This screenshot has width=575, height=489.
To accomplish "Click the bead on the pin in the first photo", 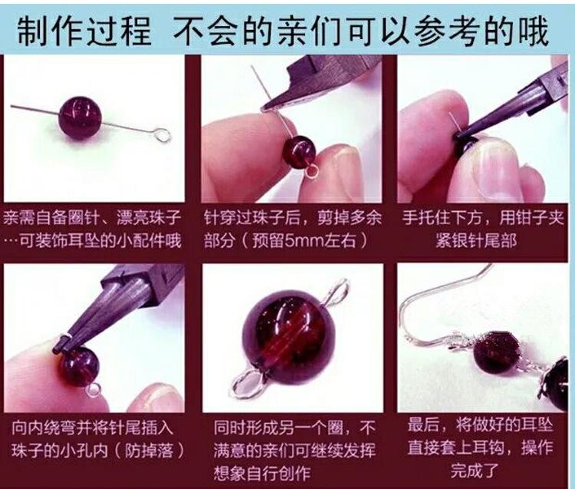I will [x=80, y=117].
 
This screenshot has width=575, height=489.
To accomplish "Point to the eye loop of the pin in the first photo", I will [x=161, y=137].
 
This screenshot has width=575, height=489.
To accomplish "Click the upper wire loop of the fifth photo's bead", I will [x=334, y=291].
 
